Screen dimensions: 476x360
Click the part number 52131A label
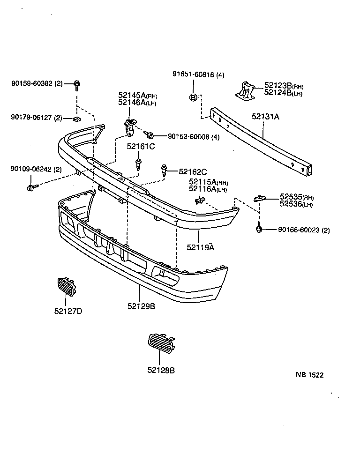pos(265,117)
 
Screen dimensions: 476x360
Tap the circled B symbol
pos(193,97)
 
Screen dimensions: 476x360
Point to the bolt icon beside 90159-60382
pos(76,84)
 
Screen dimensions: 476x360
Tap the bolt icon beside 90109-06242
pos(30,187)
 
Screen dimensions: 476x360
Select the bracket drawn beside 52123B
pos(245,90)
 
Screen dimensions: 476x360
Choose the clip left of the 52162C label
pos(164,171)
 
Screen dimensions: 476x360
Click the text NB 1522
pos(309,375)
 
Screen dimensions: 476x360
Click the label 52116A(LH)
pos(208,189)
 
